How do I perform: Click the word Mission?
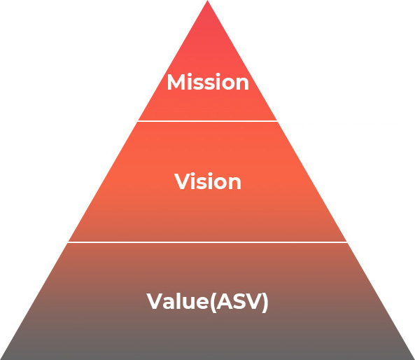pos(208,82)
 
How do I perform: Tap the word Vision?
pos(207,181)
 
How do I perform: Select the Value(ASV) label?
pos(207,302)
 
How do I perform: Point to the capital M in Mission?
pos(176,82)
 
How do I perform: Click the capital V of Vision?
pos(181,181)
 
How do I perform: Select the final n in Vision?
pos(234,184)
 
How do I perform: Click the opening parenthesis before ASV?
pos(213,303)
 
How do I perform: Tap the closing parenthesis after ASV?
pos(265,303)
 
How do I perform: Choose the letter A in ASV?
pos(226,301)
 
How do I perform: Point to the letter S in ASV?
pos(241,301)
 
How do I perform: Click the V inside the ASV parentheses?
pos(255,301)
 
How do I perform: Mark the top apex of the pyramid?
pos(207,1)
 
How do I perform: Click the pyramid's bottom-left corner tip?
pos(1,359)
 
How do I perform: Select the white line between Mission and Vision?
pos(207,121)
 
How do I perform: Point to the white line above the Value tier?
pos(207,242)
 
